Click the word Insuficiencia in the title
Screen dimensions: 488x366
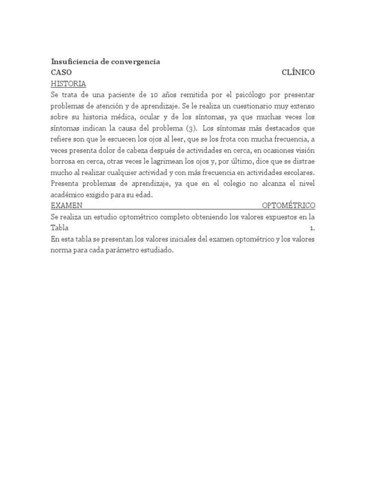tap(71, 62)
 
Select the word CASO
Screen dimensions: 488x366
tap(61, 73)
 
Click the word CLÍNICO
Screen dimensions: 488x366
tap(298, 73)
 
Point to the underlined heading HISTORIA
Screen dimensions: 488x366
tap(68, 84)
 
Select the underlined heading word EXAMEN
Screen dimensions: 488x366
tap(67, 205)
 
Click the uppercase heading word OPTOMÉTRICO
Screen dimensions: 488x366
tap(289, 205)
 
